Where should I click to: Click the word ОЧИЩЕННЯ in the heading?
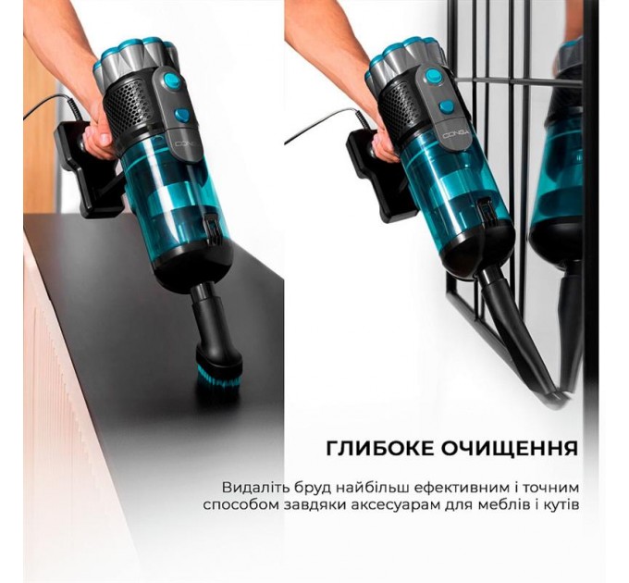tap(507, 448)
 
